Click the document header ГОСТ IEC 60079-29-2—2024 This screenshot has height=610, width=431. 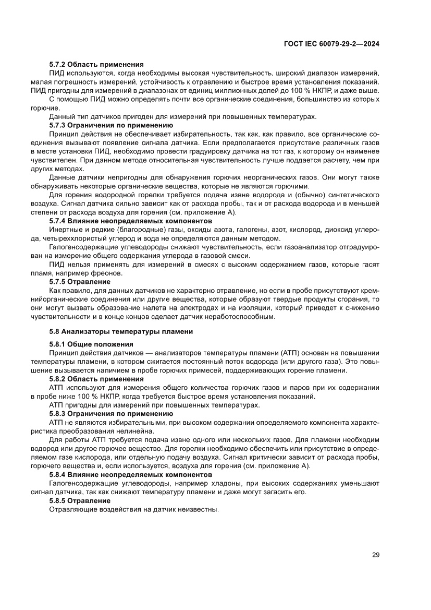(331, 44)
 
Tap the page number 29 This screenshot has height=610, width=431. (375, 555)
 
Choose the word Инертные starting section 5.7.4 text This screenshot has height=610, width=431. (65, 230)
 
